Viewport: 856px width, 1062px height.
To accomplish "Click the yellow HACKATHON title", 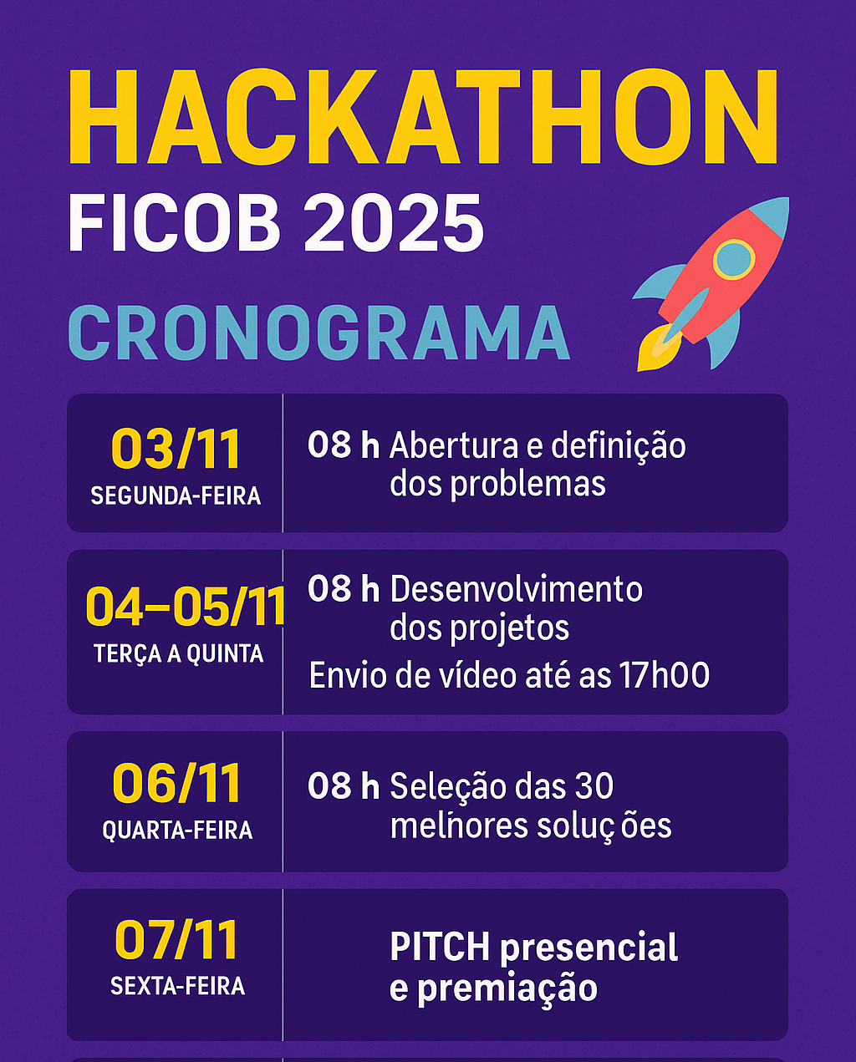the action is (423, 117).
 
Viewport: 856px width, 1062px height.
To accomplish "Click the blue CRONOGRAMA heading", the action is (318, 333).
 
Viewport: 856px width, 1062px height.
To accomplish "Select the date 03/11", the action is (176, 450).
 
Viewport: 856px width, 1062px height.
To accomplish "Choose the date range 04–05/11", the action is (185, 607).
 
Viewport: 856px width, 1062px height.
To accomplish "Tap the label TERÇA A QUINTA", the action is (179, 654).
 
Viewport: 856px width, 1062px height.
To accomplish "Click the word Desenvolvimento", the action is (517, 589).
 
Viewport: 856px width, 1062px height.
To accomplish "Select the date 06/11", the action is (176, 784).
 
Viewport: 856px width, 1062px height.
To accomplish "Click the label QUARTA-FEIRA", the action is (177, 831).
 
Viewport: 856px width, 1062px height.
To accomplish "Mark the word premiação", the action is (507, 988).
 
